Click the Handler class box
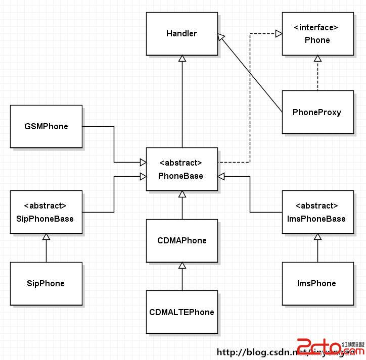(181, 34)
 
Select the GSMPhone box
(46, 126)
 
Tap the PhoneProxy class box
(317, 112)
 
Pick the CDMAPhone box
(181, 240)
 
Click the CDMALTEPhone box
(181, 312)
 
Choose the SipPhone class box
(46, 283)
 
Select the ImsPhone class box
(317, 283)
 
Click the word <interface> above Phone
(317, 28)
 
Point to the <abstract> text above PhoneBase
(180, 163)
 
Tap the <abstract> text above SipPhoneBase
(45, 206)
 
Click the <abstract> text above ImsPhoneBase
(316, 206)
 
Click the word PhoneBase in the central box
(180, 176)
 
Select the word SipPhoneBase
(45, 219)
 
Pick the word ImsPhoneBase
(316, 219)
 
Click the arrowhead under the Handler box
(182, 59)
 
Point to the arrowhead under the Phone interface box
(317, 59)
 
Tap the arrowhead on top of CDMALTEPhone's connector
(182, 266)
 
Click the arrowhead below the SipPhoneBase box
(46, 237)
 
